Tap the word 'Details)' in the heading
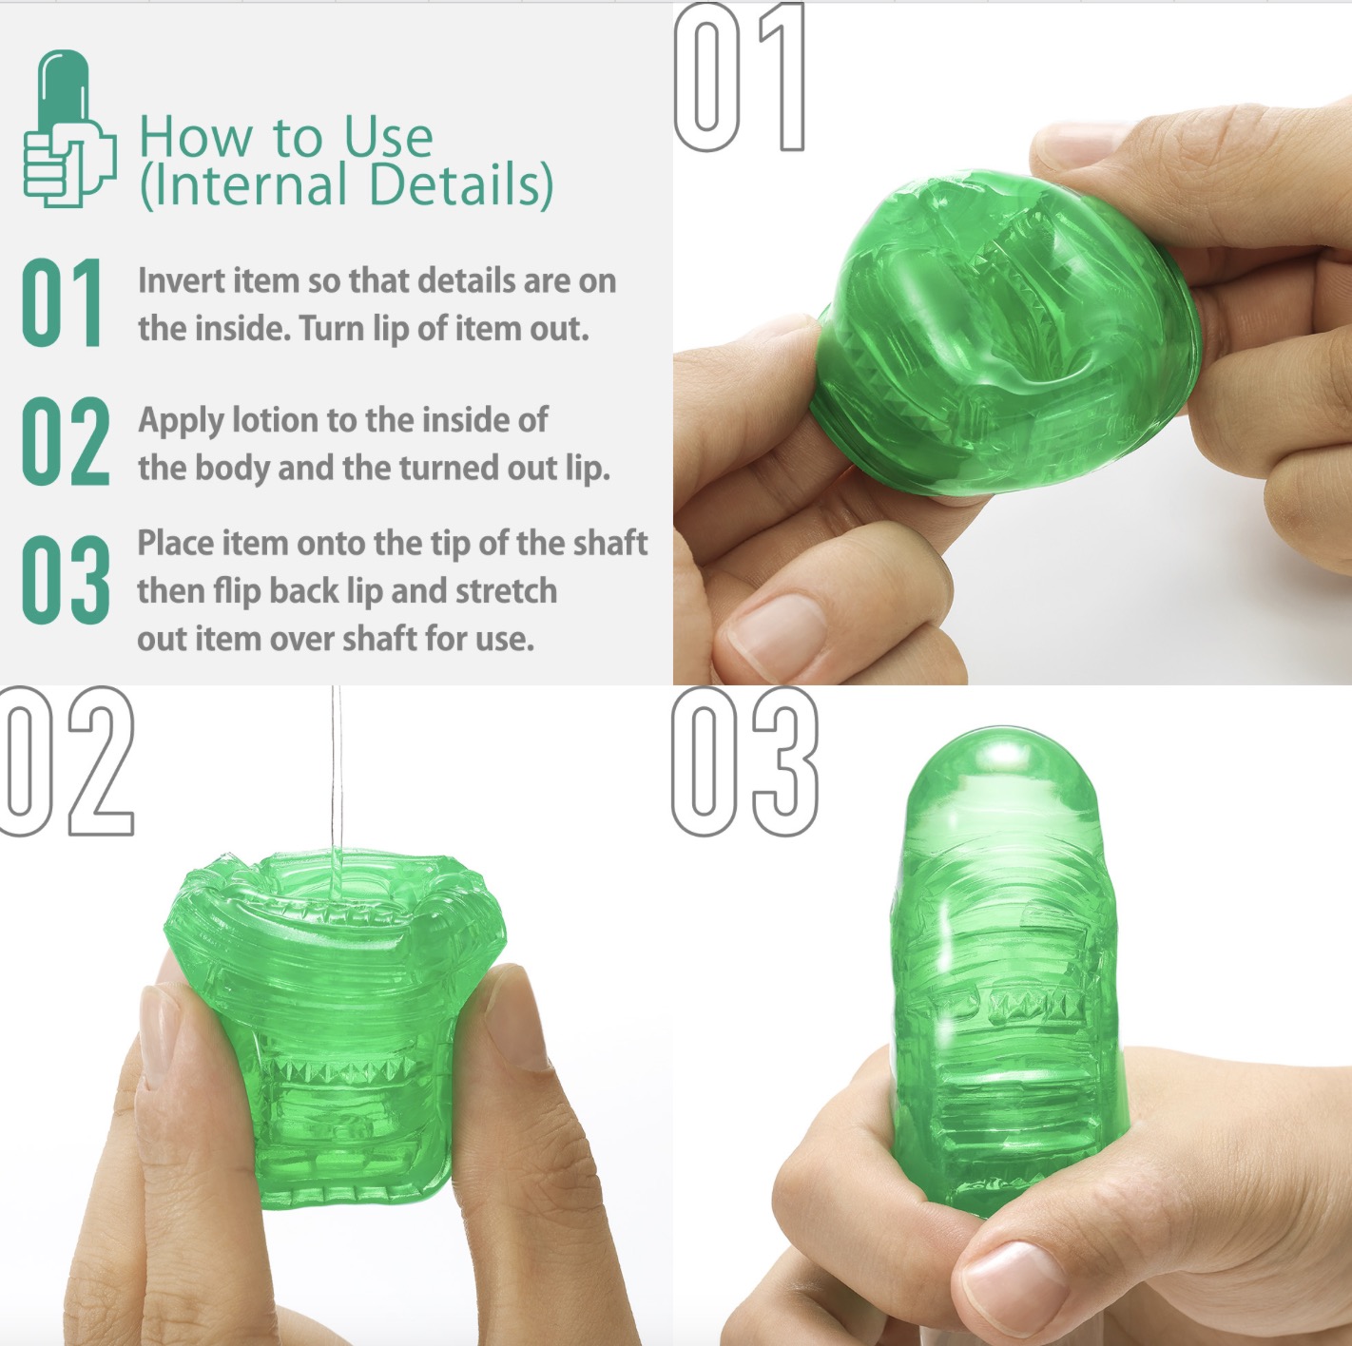click(x=461, y=185)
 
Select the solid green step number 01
click(x=62, y=302)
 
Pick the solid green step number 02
click(x=66, y=441)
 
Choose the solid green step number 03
click(x=66, y=580)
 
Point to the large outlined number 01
click(x=740, y=76)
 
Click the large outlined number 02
click(x=68, y=761)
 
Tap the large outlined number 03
click(x=744, y=761)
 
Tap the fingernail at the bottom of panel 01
click(x=775, y=634)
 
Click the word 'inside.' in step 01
click(x=242, y=329)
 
